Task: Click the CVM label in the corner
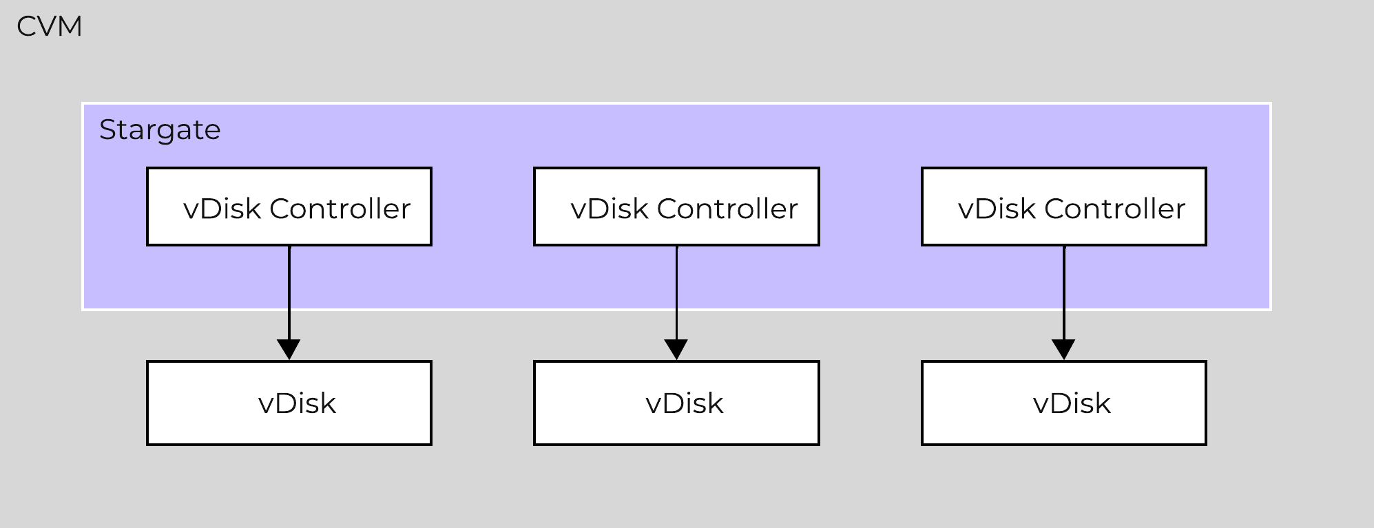coord(50,27)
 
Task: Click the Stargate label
coord(160,129)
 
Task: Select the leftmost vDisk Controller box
coord(289,207)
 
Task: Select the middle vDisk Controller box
coord(676,207)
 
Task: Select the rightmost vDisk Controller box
coord(1064,207)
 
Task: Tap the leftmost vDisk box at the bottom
coord(289,403)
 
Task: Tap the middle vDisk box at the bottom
coord(676,403)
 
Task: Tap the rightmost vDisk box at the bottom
coord(1064,403)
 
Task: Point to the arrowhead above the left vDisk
coord(289,349)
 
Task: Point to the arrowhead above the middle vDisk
coord(676,349)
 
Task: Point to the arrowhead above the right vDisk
coord(1064,349)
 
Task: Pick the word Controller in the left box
coord(340,209)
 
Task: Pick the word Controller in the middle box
coord(727,209)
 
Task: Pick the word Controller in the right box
coord(1114,209)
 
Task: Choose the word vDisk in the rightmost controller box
coord(997,209)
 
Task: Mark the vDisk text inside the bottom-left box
coord(297,403)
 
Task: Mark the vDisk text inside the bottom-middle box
coord(685,403)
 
